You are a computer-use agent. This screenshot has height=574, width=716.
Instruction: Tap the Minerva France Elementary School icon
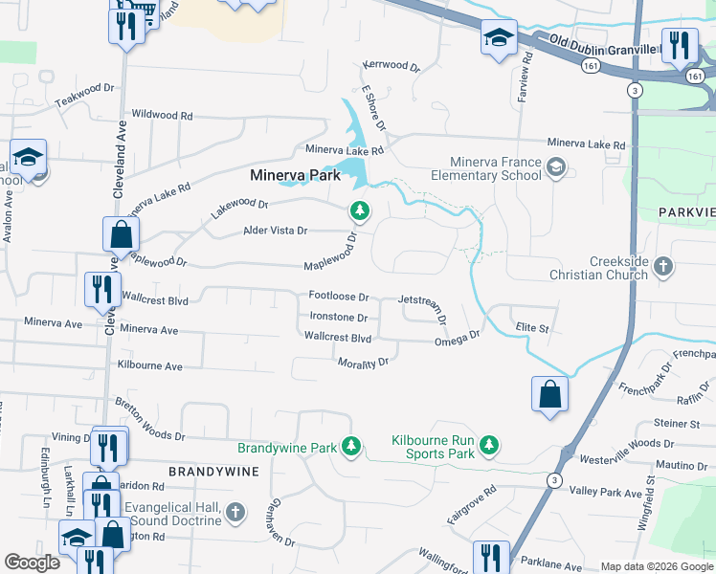coord(554,169)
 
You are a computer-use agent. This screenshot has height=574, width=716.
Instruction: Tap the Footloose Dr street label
coord(338,297)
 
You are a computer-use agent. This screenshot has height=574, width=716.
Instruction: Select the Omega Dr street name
coord(457,339)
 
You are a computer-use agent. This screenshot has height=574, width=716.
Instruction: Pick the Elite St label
coord(531,327)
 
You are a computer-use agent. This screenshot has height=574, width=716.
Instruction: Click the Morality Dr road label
coord(363,363)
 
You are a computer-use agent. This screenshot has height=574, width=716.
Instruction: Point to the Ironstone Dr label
coord(339,317)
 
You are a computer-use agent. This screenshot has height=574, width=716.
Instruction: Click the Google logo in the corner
coord(32,562)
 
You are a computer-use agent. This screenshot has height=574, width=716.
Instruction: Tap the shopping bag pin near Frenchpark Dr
coord(549,395)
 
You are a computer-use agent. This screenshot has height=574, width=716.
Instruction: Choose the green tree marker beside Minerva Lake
coord(360,210)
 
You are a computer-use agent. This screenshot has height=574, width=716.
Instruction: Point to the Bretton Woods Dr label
coord(148,421)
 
